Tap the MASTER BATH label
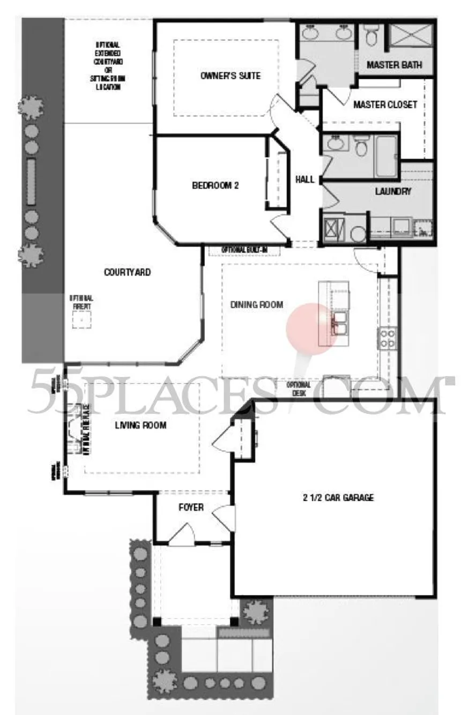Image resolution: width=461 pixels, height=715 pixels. click(x=394, y=65)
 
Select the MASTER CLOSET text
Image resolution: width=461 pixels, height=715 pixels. click(x=385, y=105)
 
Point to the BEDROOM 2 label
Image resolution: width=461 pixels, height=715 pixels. click(x=215, y=186)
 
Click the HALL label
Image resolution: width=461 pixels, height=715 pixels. click(x=304, y=180)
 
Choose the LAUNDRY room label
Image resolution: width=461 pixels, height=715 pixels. click(x=393, y=191)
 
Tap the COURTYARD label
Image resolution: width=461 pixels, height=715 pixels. click(x=127, y=272)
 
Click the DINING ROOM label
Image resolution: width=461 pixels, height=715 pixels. click(x=256, y=305)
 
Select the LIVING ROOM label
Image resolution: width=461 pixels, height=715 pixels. click(x=140, y=426)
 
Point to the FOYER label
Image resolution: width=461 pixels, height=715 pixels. click(x=191, y=507)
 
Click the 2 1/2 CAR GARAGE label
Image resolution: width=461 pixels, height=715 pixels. click(x=337, y=497)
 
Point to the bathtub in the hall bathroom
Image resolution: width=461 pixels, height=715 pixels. click(x=385, y=155)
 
